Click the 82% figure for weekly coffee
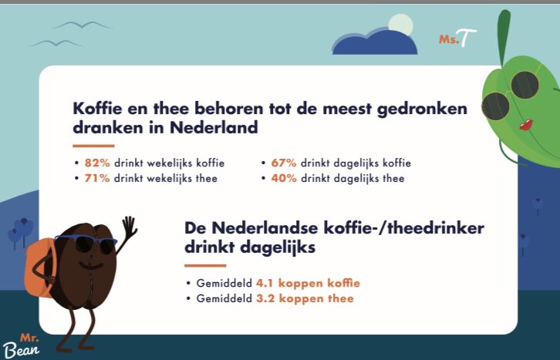[98, 163]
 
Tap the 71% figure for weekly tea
[97, 179]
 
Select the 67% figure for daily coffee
[282, 163]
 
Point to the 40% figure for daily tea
[282, 179]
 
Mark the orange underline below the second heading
[205, 266]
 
